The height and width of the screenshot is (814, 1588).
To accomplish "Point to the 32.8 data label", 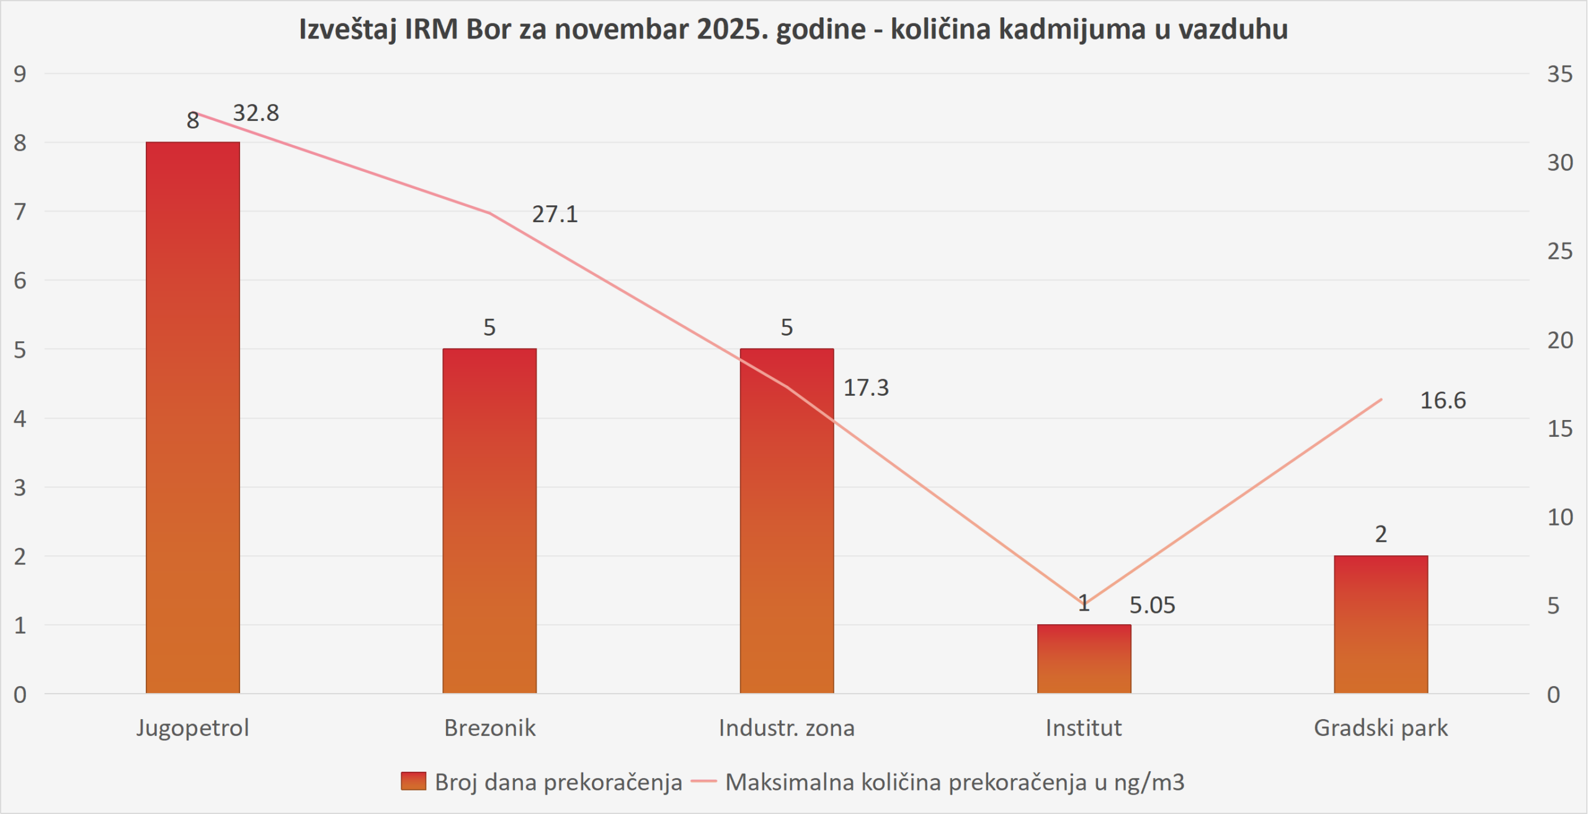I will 256,113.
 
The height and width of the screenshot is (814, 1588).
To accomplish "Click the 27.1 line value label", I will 555,214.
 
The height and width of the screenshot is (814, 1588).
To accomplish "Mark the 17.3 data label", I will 866,388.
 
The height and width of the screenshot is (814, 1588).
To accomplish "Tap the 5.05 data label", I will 1152,605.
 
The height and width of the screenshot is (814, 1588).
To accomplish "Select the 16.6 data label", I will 1443,400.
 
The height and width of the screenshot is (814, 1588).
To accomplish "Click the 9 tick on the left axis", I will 20,74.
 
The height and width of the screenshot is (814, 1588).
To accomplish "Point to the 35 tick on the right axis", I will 1559,74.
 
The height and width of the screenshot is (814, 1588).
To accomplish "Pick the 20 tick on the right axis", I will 1559,340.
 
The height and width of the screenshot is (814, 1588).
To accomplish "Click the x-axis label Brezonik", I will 489,727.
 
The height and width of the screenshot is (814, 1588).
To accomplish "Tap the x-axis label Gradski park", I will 1381,727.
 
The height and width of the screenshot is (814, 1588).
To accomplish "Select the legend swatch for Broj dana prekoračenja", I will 413,781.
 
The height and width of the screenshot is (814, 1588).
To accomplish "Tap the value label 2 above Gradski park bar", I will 1381,534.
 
